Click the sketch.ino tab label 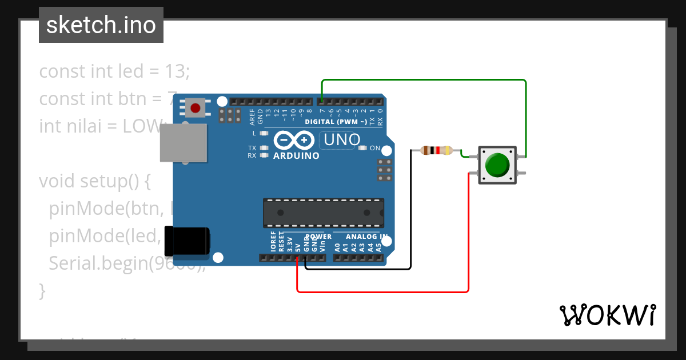(101, 25)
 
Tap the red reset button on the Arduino (196, 107)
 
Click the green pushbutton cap (497, 165)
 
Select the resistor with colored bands (437, 151)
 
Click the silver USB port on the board (182, 142)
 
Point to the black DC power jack (186, 241)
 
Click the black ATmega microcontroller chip (323, 213)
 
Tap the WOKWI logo (607, 314)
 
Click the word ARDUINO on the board (296, 155)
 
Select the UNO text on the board (342, 139)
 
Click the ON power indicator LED (362, 148)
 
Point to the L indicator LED (264, 133)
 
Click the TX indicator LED (264, 147)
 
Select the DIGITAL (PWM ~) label (336, 122)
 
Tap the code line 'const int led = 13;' (114, 71)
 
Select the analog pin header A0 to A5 (358, 258)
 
